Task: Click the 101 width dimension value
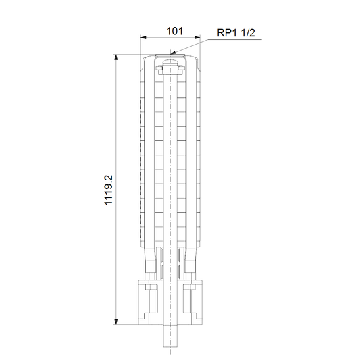(174, 31)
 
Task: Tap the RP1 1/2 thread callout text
(236, 33)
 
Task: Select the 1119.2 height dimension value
(109, 190)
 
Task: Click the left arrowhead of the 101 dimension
(143, 37)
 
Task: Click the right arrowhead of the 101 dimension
(197, 37)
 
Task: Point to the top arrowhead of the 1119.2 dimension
(116, 57)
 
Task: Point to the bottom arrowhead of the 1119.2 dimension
(116, 322)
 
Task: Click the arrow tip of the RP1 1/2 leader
(171, 54)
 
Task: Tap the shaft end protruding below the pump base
(170, 336)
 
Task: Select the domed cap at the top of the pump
(170, 62)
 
